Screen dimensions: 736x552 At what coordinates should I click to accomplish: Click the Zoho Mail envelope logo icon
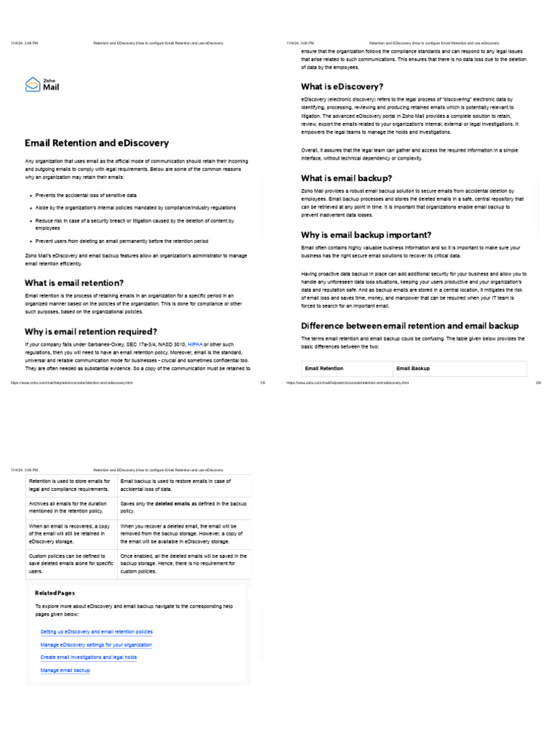pyautogui.click(x=32, y=86)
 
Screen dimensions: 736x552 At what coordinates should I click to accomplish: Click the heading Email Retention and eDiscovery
pyautogui.click(x=97, y=143)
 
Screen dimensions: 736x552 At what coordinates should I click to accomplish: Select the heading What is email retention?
pyautogui.click(x=74, y=282)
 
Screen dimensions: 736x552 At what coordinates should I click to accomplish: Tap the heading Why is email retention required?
pyautogui.click(x=91, y=331)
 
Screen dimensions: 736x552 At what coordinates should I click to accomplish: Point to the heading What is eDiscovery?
pyautogui.click(x=342, y=86)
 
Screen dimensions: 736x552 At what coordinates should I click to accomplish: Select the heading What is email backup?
pyautogui.click(x=346, y=178)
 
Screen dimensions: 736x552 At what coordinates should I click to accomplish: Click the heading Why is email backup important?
pyautogui.click(x=366, y=234)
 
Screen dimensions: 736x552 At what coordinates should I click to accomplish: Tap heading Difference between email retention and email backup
pyautogui.click(x=409, y=326)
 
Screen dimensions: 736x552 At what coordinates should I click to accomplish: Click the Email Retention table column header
pyautogui.click(x=324, y=368)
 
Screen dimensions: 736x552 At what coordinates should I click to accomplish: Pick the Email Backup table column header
pyautogui.click(x=413, y=368)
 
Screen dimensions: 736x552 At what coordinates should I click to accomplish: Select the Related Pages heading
pyautogui.click(x=55, y=593)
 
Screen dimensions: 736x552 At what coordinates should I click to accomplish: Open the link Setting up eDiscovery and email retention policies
pyautogui.click(x=96, y=632)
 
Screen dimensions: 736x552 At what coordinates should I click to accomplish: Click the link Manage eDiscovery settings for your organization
pyautogui.click(x=96, y=645)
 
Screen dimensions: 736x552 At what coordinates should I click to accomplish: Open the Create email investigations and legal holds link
pyautogui.click(x=88, y=657)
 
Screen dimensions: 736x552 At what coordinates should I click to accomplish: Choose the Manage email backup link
pyautogui.click(x=65, y=670)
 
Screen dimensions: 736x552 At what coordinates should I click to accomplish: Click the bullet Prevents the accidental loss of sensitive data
pyautogui.click(x=86, y=195)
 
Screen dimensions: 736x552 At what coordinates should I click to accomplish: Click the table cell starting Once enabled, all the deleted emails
pyautogui.click(x=183, y=563)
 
